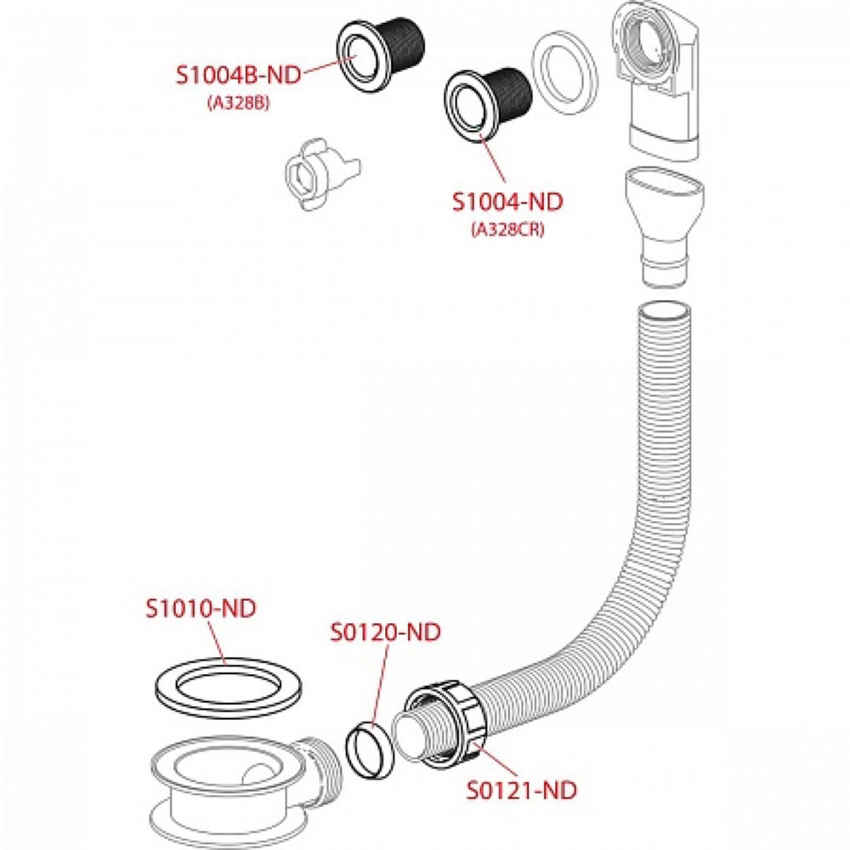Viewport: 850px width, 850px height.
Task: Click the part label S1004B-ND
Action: tap(239, 75)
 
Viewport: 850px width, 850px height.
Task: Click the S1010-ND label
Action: tap(201, 609)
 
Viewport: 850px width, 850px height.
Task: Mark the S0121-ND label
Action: tap(522, 790)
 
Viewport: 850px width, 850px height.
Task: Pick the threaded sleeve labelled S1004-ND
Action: tap(488, 100)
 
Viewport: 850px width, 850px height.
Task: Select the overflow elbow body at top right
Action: tap(659, 81)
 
